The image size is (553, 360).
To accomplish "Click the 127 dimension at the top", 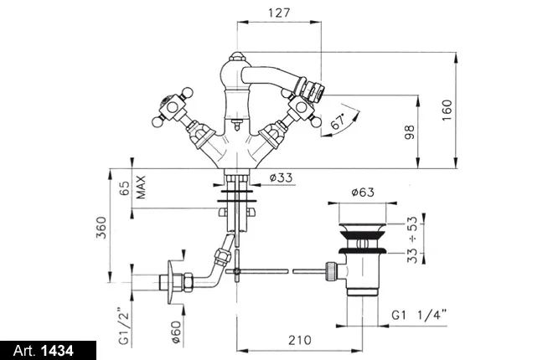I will coord(281,13).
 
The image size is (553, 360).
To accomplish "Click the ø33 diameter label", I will coord(282,177).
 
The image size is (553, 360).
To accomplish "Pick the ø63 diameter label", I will coord(361,193).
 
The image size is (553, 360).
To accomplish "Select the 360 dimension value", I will coord(101,228).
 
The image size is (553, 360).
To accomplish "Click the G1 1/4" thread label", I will coord(420,316).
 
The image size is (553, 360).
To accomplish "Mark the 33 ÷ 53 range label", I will coord(412,241).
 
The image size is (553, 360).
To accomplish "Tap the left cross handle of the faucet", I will coord(166,109).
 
